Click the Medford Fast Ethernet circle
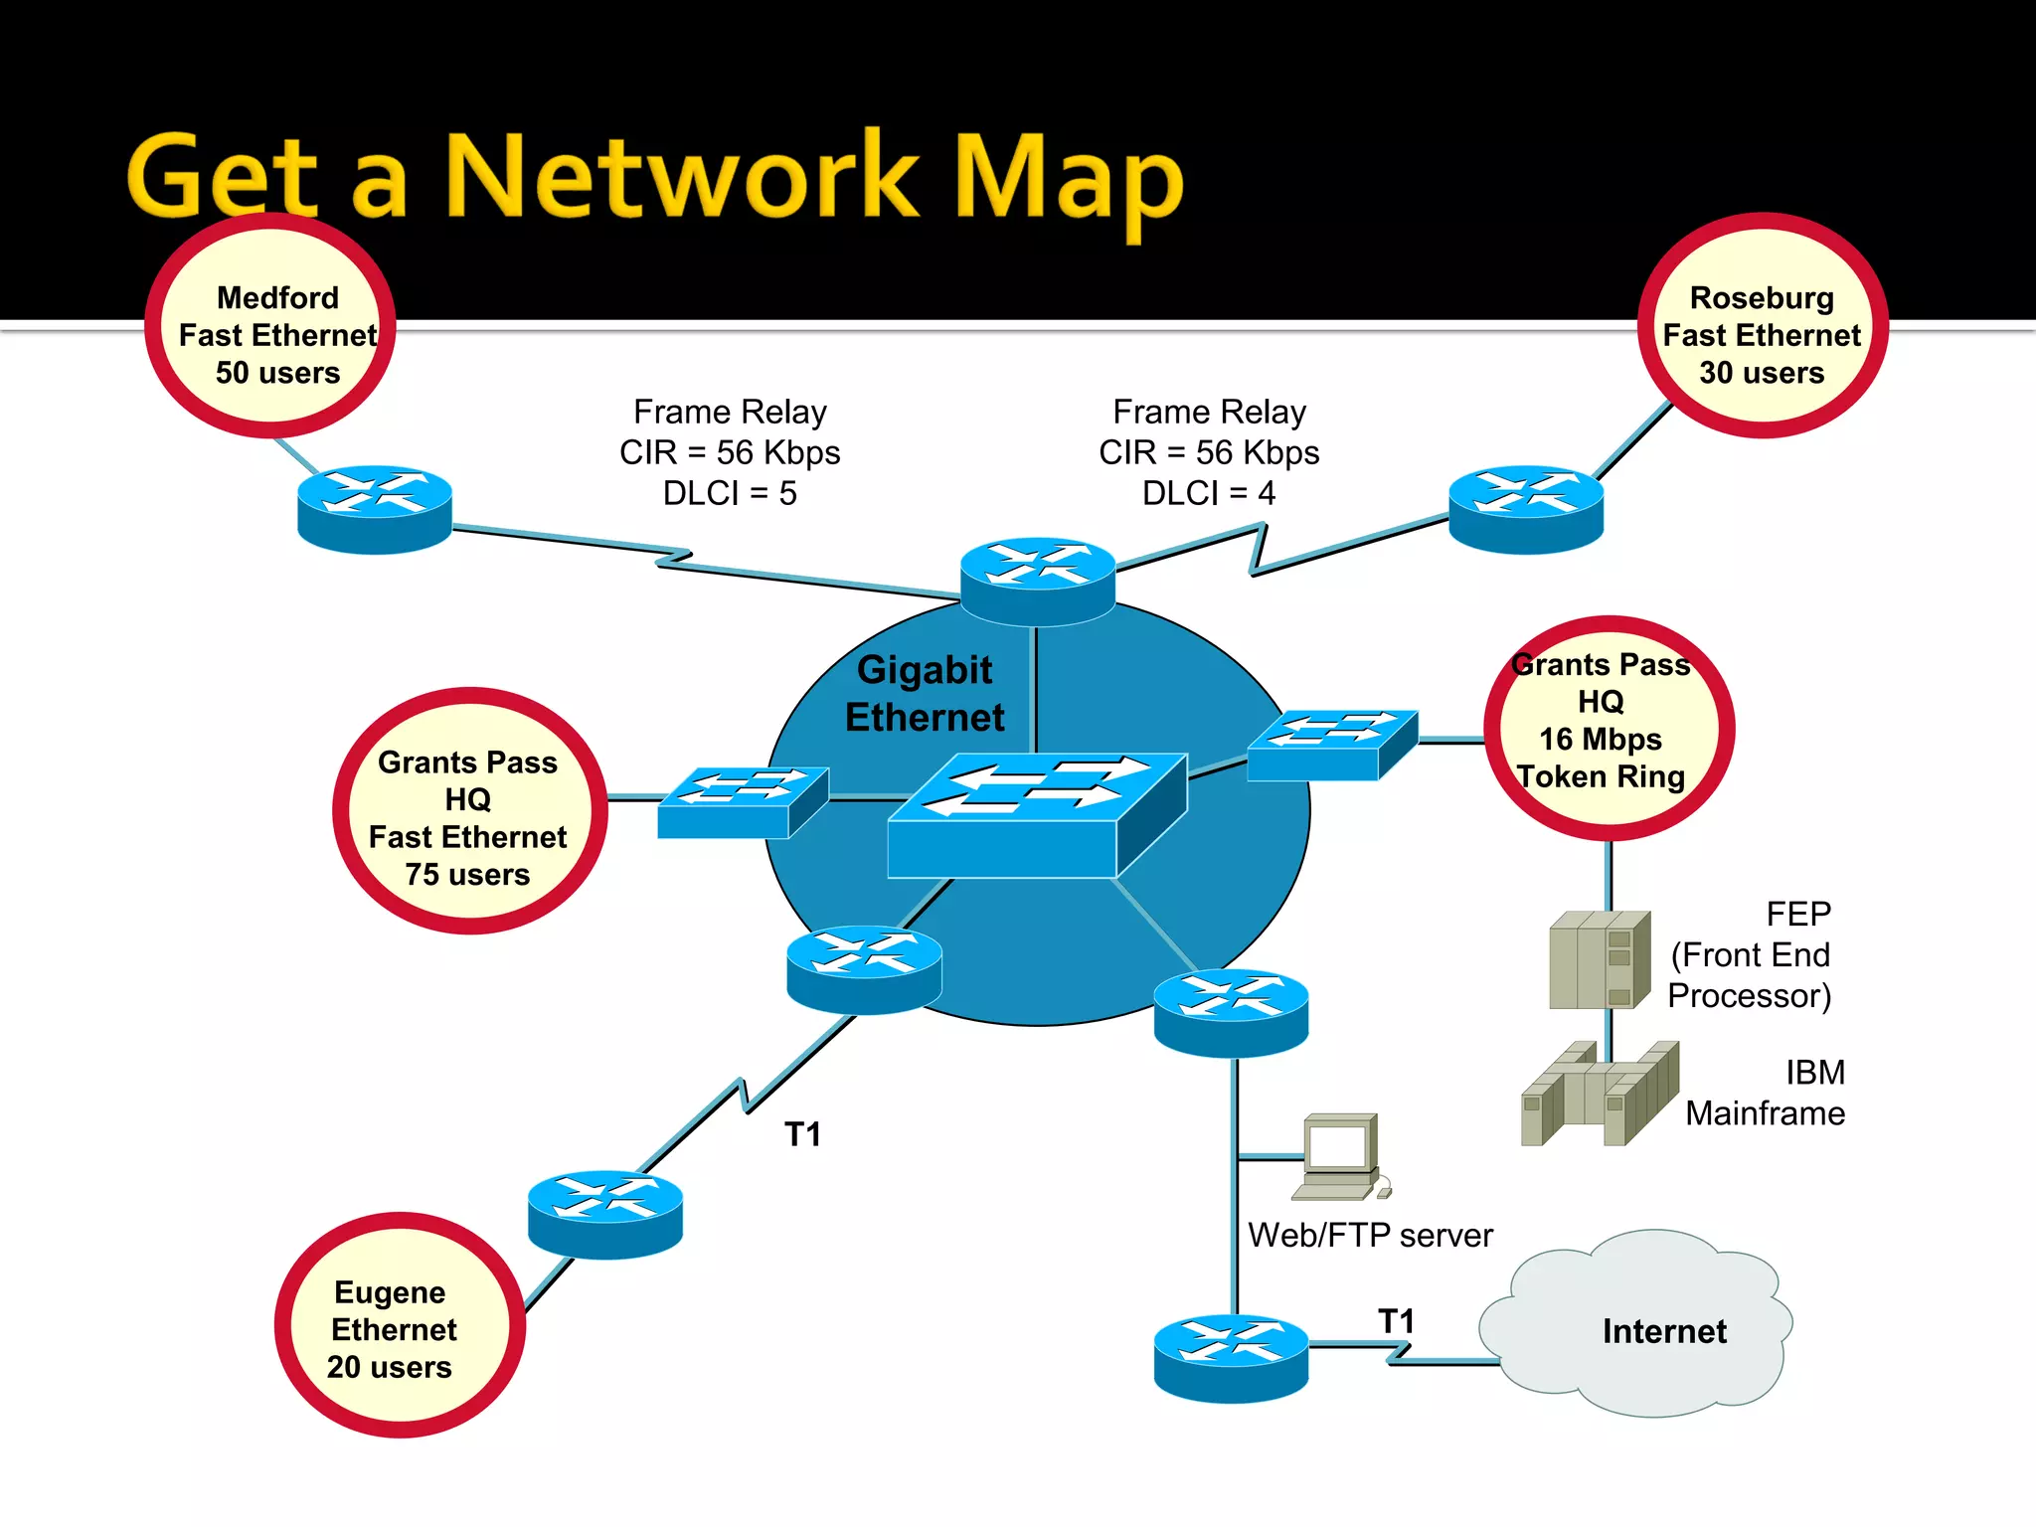[x=270, y=326]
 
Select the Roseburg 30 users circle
[x=1762, y=326]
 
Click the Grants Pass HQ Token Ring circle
[x=1609, y=729]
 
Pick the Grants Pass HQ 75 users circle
[x=469, y=811]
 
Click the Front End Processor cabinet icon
[x=1599, y=959]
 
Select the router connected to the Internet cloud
[x=1231, y=1358]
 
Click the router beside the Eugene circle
[x=604, y=1214]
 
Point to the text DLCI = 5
[x=730, y=493]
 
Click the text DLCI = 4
[x=1208, y=493]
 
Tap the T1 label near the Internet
[x=1396, y=1321]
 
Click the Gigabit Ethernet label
[x=925, y=693]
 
